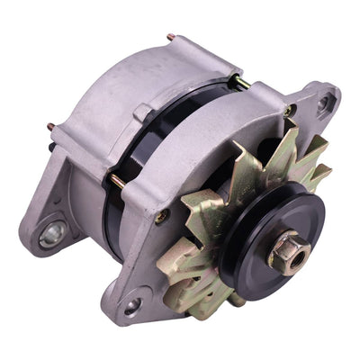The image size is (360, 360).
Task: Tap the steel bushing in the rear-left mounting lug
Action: (53, 235)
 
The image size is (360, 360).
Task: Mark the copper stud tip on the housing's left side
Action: (50, 126)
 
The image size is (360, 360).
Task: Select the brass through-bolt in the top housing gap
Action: (240, 83)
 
